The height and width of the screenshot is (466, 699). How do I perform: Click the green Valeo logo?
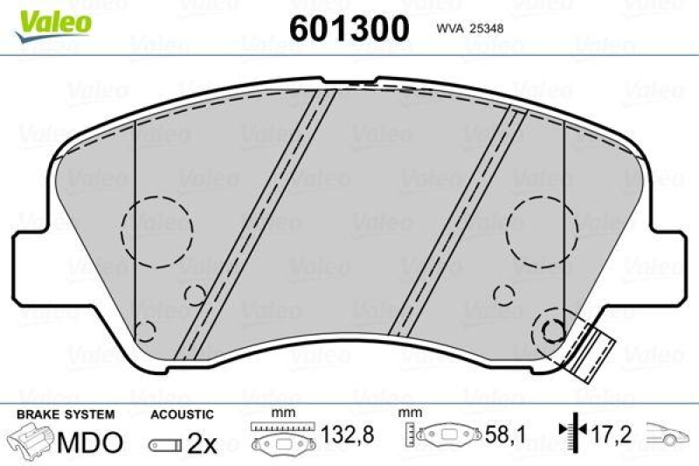55,20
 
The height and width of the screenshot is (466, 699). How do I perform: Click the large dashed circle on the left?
156,230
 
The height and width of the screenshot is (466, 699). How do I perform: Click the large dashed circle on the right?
543,230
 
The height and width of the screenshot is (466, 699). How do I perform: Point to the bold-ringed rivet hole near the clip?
552,330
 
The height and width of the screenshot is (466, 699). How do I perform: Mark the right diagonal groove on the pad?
455,226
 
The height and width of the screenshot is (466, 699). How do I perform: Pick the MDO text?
90,442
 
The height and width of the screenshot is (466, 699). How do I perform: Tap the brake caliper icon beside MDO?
31,442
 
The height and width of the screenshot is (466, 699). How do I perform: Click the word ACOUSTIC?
181,414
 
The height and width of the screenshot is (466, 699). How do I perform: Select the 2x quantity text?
202,443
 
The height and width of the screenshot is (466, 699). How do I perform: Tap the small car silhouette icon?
668,434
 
